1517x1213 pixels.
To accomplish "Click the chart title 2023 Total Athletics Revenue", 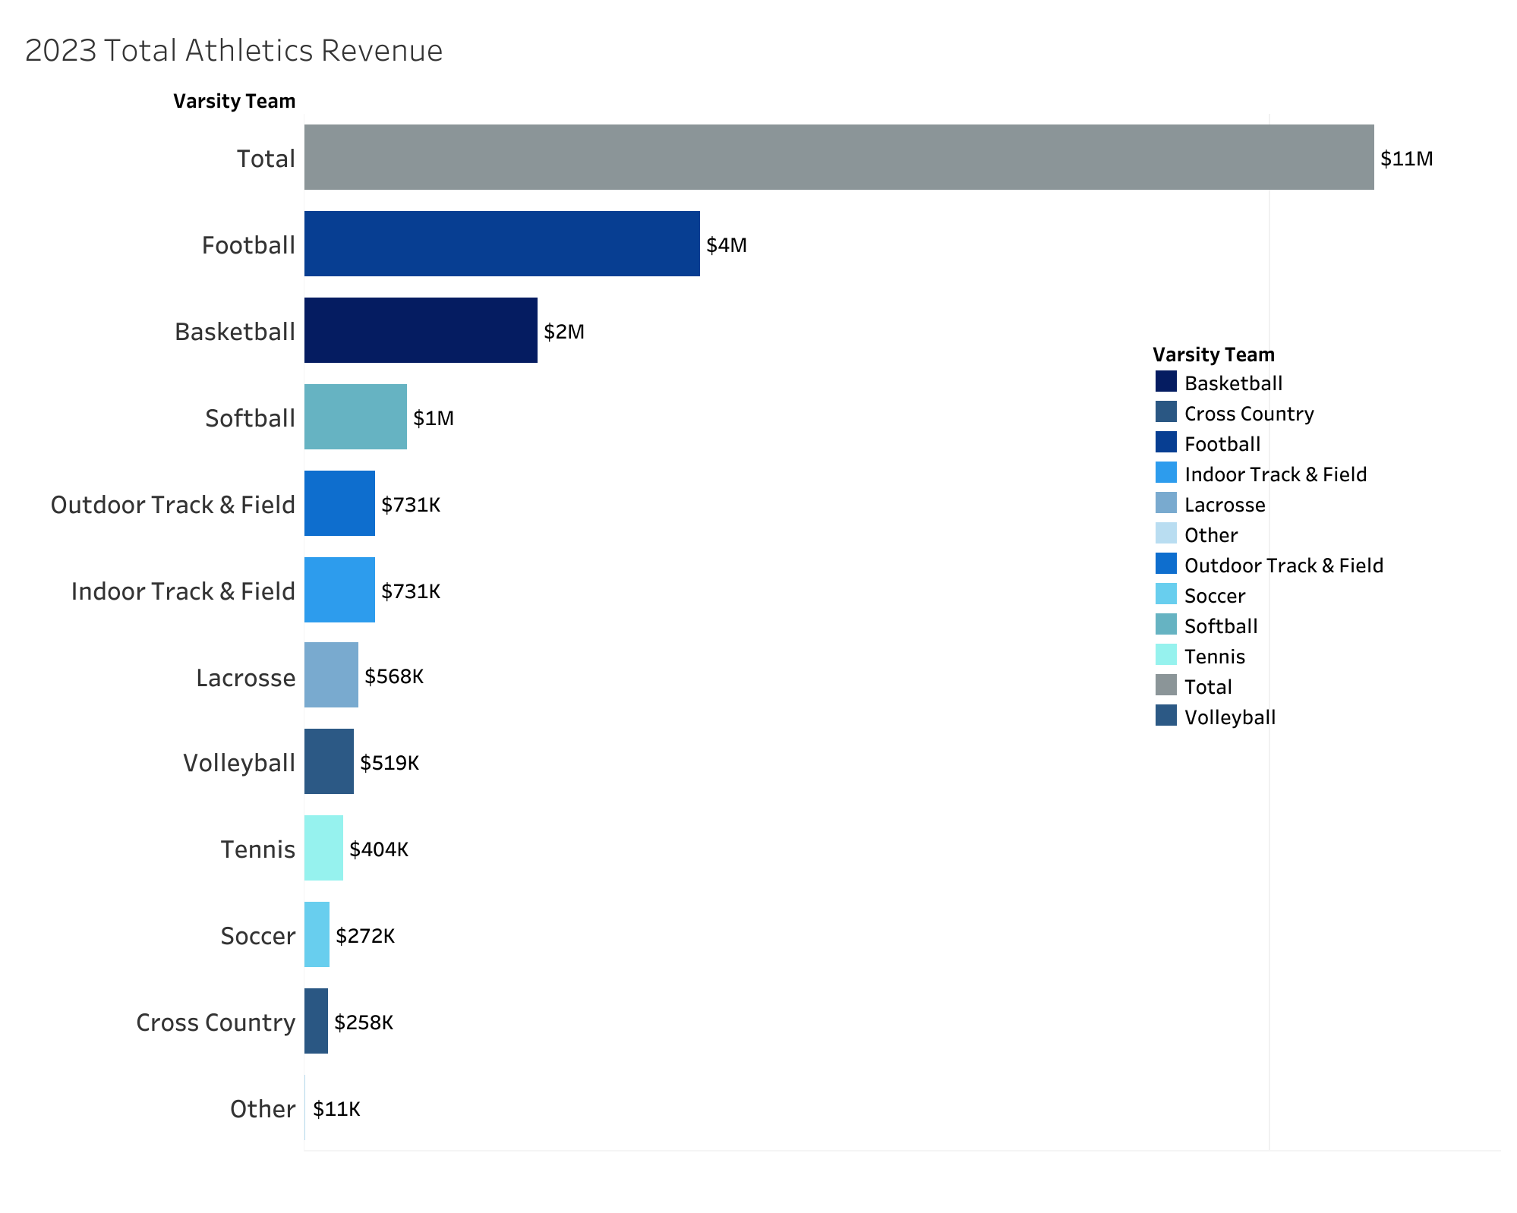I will pos(234,51).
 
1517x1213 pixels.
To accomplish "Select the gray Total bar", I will pos(838,157).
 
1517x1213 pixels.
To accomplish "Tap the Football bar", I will pos(501,244).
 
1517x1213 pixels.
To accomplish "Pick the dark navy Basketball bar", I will pos(421,330).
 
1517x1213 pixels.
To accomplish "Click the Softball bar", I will pos(355,417).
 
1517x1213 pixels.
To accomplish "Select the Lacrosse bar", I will pos(331,676).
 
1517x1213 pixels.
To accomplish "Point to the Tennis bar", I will pos(323,848).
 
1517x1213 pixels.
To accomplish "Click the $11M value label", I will pos(1406,159).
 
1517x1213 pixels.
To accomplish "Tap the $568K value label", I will pos(393,676).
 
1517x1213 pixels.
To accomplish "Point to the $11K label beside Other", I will pos(336,1109).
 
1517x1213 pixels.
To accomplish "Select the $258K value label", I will pos(364,1022).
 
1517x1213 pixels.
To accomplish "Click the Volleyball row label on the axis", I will pos(238,763).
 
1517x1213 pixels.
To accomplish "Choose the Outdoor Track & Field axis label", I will pos(172,505).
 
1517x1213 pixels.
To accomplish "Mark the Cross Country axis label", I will pos(215,1022).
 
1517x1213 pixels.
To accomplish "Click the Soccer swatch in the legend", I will pos(1165,594).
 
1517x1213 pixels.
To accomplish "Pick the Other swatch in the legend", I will pos(1165,534).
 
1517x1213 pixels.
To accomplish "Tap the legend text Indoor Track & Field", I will pos(1275,474).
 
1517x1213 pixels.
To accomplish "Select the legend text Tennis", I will pos(1214,657).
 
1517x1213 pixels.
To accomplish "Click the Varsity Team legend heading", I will pos(1213,354).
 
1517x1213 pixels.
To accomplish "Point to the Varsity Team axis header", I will pos(234,101).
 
